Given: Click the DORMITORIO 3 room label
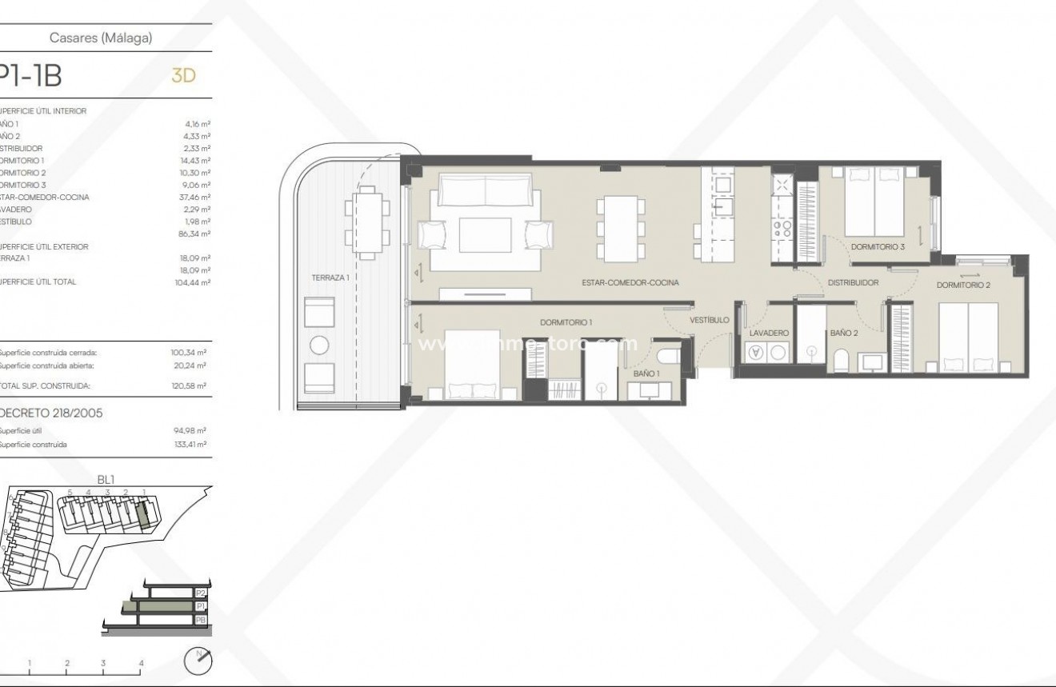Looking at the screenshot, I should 878,247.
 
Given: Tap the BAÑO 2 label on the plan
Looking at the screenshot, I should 844,333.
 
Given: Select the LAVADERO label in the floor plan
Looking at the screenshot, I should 770,333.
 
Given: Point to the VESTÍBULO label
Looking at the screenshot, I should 710,320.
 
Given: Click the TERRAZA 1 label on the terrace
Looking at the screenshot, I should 331,277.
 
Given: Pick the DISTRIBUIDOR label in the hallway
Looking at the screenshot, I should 853,282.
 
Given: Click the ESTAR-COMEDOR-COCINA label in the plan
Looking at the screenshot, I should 630,282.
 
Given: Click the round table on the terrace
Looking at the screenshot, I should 320,345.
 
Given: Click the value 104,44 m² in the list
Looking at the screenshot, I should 193,282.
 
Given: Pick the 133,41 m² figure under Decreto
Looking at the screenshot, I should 192,444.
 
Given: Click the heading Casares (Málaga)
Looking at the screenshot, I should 112,38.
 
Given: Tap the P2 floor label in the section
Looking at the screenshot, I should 201,593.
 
